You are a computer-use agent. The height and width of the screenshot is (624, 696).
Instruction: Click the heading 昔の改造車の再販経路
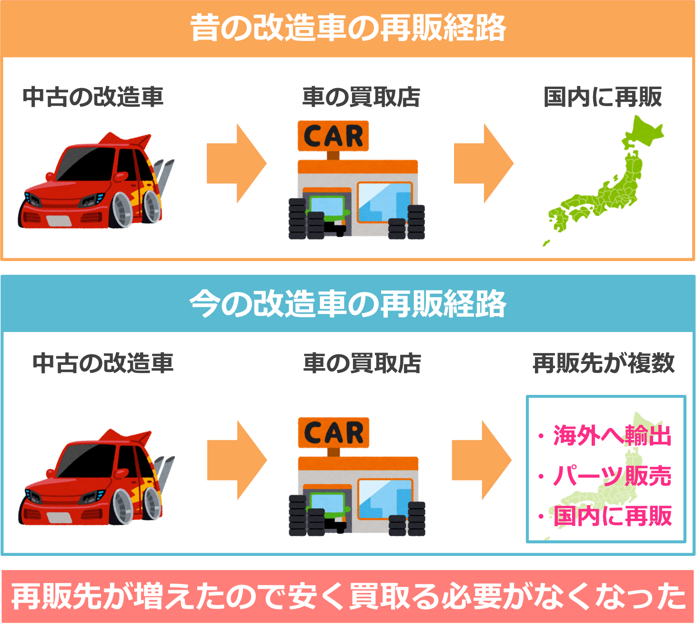point(348,28)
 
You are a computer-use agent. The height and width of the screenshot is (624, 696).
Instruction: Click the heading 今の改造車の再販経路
point(348,303)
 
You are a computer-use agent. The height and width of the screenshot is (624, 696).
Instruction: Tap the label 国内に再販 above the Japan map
point(603,97)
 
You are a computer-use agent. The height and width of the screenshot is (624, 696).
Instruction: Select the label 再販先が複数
point(604,363)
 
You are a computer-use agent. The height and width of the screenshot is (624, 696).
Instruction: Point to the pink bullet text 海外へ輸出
point(612,435)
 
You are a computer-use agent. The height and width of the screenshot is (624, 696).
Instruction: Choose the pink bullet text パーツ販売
point(612,475)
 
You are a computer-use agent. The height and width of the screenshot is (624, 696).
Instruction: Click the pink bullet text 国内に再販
point(613,516)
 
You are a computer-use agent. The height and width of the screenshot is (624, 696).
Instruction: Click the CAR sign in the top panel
point(333,136)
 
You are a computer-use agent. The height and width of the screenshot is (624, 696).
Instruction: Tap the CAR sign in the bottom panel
point(333,433)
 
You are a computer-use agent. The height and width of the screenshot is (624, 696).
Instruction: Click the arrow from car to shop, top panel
point(236,163)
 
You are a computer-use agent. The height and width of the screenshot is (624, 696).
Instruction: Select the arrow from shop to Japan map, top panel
point(483,163)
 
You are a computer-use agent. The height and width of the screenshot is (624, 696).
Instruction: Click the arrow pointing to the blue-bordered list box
point(481,460)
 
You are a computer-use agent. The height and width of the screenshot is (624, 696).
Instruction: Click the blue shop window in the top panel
point(384,201)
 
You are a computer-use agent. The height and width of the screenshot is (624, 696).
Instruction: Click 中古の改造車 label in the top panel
point(93,97)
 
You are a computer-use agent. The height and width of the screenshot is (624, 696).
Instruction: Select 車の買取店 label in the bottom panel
point(362,363)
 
